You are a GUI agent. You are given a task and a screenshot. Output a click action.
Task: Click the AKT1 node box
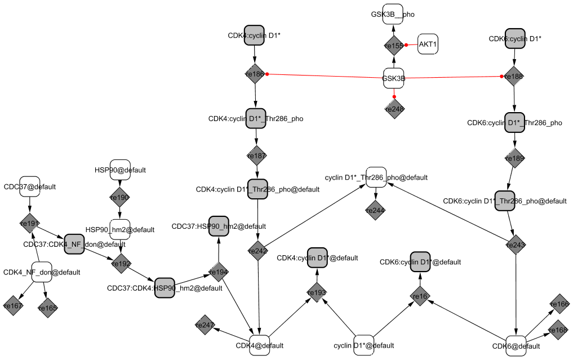pyautogui.click(x=428, y=45)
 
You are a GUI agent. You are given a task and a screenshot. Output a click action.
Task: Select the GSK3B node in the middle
pyautogui.click(x=394, y=78)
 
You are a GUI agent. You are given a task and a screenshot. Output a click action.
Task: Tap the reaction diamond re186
pyautogui.click(x=255, y=74)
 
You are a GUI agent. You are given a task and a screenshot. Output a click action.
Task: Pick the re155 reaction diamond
pyautogui.click(x=394, y=45)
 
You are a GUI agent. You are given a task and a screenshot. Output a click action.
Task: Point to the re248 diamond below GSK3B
pyautogui.click(x=394, y=108)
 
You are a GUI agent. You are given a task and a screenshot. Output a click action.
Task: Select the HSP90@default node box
pyautogui.click(x=120, y=170)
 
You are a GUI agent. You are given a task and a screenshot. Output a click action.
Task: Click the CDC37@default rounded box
pyautogui.click(x=30, y=186)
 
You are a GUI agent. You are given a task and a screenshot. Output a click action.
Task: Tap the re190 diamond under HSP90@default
pyautogui.click(x=120, y=197)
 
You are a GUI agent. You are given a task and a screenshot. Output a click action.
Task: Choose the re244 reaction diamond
pyautogui.click(x=375, y=211)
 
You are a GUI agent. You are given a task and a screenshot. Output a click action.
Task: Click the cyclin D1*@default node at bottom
pyautogui.click(x=364, y=345)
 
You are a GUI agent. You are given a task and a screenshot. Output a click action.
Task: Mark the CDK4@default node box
pyautogui.click(x=259, y=345)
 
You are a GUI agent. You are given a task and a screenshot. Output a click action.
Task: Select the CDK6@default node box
pyautogui.click(x=516, y=345)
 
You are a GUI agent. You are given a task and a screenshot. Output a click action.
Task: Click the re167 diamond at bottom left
pyautogui.click(x=12, y=306)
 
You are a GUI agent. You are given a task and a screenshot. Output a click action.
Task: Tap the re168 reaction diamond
pyautogui.click(x=558, y=330)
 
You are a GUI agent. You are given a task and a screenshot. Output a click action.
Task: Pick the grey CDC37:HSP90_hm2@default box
pyautogui.click(x=219, y=226)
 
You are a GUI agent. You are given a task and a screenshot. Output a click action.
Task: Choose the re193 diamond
pyautogui.click(x=317, y=292)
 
